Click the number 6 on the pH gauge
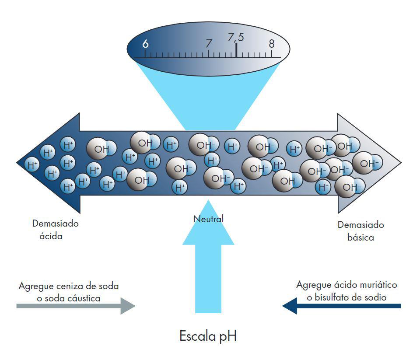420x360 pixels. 146,43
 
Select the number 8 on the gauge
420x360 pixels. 272,43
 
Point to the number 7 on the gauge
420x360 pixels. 209,44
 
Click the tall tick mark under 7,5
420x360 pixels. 236,50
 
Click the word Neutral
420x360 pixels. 208,219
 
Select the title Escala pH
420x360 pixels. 208,337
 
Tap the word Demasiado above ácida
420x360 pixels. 55,224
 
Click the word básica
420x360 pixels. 360,238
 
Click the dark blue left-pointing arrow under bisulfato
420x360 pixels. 341,306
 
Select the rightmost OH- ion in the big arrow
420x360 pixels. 367,163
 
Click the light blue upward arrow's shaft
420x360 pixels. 208,280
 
